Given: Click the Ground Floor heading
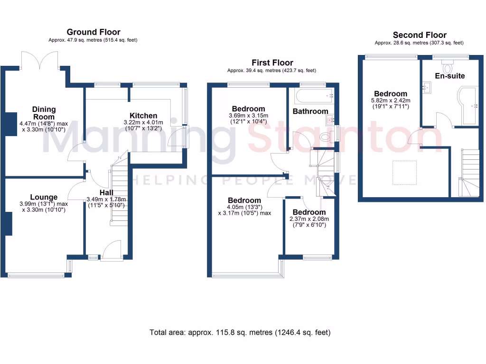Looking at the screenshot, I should coord(93,32).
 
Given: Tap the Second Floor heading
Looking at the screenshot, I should coord(419,35).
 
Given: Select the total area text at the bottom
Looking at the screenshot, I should coord(240,332).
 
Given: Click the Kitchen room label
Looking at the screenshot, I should coord(143,116).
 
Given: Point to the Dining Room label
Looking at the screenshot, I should coord(44,113).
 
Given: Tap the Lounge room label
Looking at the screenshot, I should coord(44,197).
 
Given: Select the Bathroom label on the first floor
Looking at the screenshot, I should coord(310,111).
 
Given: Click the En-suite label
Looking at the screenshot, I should coord(449,76).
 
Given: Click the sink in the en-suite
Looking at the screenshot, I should coord(427,87).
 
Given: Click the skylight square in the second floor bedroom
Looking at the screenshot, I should coord(404,172).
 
